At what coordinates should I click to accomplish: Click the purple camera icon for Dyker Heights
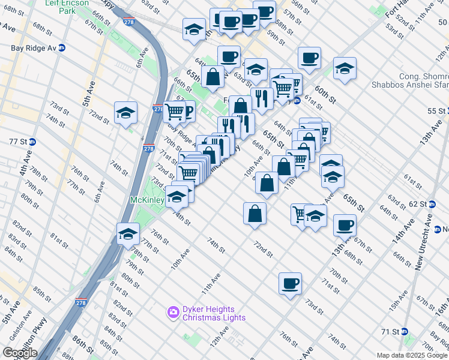pyautogui.click(x=173, y=312)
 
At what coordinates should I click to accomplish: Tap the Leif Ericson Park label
pyautogui.click(x=66, y=7)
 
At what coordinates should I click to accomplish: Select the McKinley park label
pyautogui.click(x=147, y=199)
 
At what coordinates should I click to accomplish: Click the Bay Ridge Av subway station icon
pyautogui.click(x=61, y=47)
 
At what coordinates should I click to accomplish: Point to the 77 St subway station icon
pyautogui.click(x=32, y=142)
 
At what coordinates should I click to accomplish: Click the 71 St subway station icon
pyautogui.click(x=405, y=331)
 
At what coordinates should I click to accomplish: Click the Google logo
pyautogui.click(x=19, y=353)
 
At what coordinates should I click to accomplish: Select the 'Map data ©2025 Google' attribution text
pyautogui.click(x=412, y=355)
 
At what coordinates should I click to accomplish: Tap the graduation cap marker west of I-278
pyautogui.click(x=126, y=113)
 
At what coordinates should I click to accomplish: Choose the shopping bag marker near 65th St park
pyautogui.click(x=213, y=77)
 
